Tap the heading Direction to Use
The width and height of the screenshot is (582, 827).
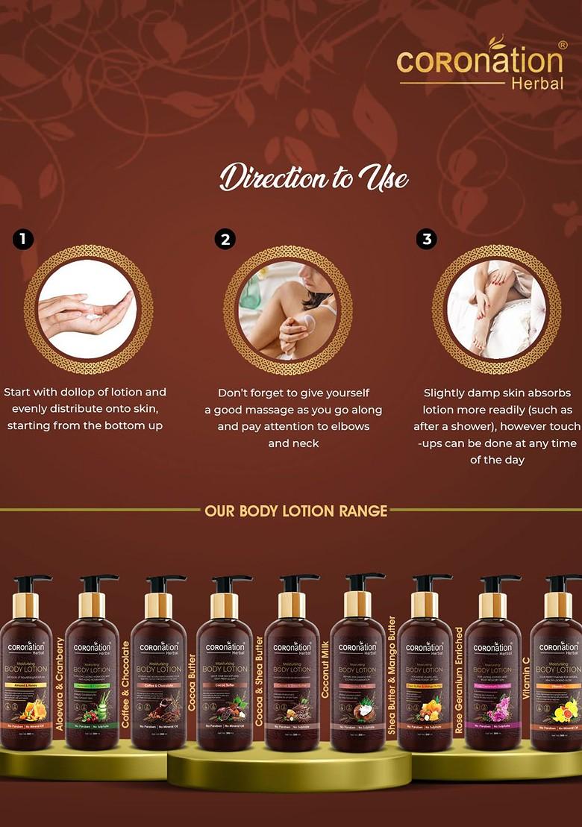313,178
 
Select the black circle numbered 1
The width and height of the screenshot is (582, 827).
23,239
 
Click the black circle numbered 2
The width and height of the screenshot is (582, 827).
225,239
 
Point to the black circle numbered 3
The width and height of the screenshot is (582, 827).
427,239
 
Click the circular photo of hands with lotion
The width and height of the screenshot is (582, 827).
88,309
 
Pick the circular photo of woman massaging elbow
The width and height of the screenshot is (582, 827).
288,309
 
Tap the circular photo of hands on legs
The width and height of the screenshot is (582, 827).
496,309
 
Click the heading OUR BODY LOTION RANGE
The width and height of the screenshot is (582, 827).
295,511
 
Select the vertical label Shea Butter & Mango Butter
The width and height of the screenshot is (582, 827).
392,676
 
